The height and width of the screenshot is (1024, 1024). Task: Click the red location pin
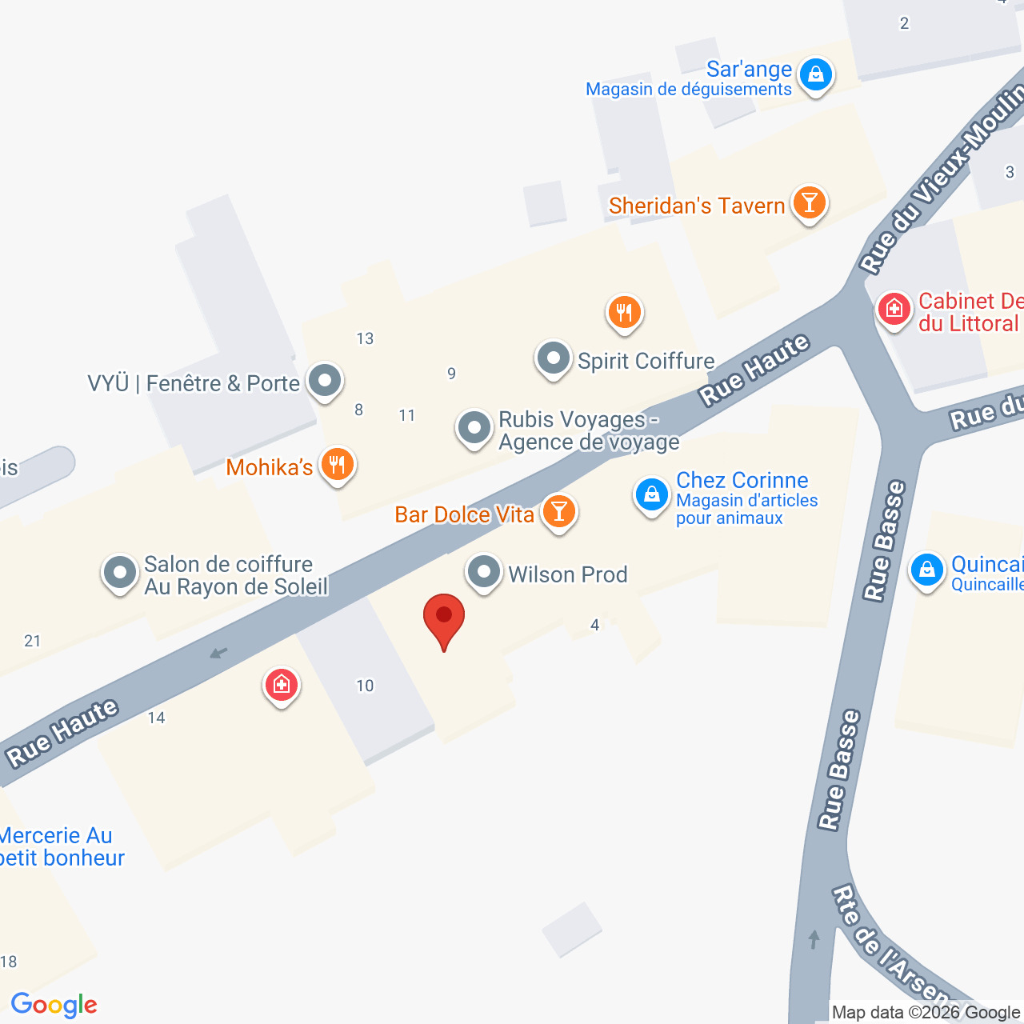pos(443,620)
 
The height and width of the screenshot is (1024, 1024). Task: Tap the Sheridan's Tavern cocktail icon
pos(809,203)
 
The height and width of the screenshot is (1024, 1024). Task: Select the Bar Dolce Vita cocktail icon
pos(559,511)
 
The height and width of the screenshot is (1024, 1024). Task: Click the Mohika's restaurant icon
pos(338,464)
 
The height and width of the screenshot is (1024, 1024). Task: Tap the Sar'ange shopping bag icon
pos(815,74)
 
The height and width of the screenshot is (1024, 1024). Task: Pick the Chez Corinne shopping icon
pos(652,494)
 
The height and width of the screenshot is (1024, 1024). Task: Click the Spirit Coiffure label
pos(646,362)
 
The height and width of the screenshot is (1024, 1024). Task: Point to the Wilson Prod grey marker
pos(483,572)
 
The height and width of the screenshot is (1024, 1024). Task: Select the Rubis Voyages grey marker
pos(474,428)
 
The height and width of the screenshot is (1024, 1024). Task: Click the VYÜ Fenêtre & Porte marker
pos(325,381)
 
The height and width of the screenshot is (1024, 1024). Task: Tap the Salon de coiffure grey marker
pos(120,573)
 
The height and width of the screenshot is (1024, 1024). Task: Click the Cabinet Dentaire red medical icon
pos(894,308)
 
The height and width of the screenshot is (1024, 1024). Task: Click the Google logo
pos(54,1005)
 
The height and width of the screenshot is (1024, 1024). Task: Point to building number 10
pos(365,686)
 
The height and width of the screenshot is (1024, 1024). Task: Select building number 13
pos(365,338)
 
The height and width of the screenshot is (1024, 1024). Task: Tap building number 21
pos(33,641)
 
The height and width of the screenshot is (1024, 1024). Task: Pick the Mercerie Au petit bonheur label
pos(61,847)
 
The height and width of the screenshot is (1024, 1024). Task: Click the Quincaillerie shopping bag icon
pos(927,570)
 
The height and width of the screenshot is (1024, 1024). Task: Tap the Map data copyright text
pos(926,1013)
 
